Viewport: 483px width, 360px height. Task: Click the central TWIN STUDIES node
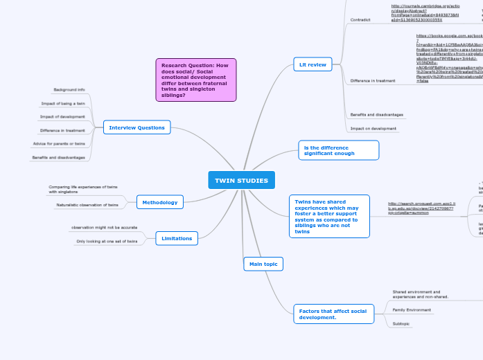241,181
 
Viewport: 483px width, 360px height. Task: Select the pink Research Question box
196,80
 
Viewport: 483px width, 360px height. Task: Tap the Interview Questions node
137,127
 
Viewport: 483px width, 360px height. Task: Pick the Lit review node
313,64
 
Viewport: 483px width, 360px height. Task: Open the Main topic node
263,264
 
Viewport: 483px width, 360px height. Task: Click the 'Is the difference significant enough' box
339,150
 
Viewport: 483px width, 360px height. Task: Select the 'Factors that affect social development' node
333,314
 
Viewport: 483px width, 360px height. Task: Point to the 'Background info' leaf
69,90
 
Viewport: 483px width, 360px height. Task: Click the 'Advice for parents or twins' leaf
59,143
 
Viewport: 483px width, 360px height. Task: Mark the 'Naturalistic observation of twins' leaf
87,205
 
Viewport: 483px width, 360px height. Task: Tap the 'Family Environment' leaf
412,309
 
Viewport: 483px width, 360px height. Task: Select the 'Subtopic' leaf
401,323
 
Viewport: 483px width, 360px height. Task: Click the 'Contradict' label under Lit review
361,20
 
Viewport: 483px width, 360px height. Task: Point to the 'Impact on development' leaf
374,128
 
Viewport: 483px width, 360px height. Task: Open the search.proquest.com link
421,208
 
